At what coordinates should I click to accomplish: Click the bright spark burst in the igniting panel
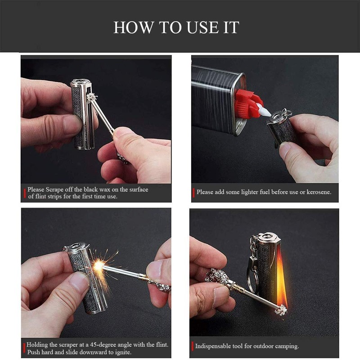pyautogui.click(x=99, y=266)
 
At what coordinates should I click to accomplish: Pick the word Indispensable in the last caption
pyautogui.click(x=214, y=346)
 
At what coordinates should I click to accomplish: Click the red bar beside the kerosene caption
pyautogui.click(x=193, y=192)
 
